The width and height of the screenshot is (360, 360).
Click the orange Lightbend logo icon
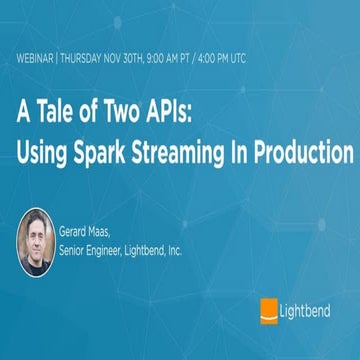point(268,308)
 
